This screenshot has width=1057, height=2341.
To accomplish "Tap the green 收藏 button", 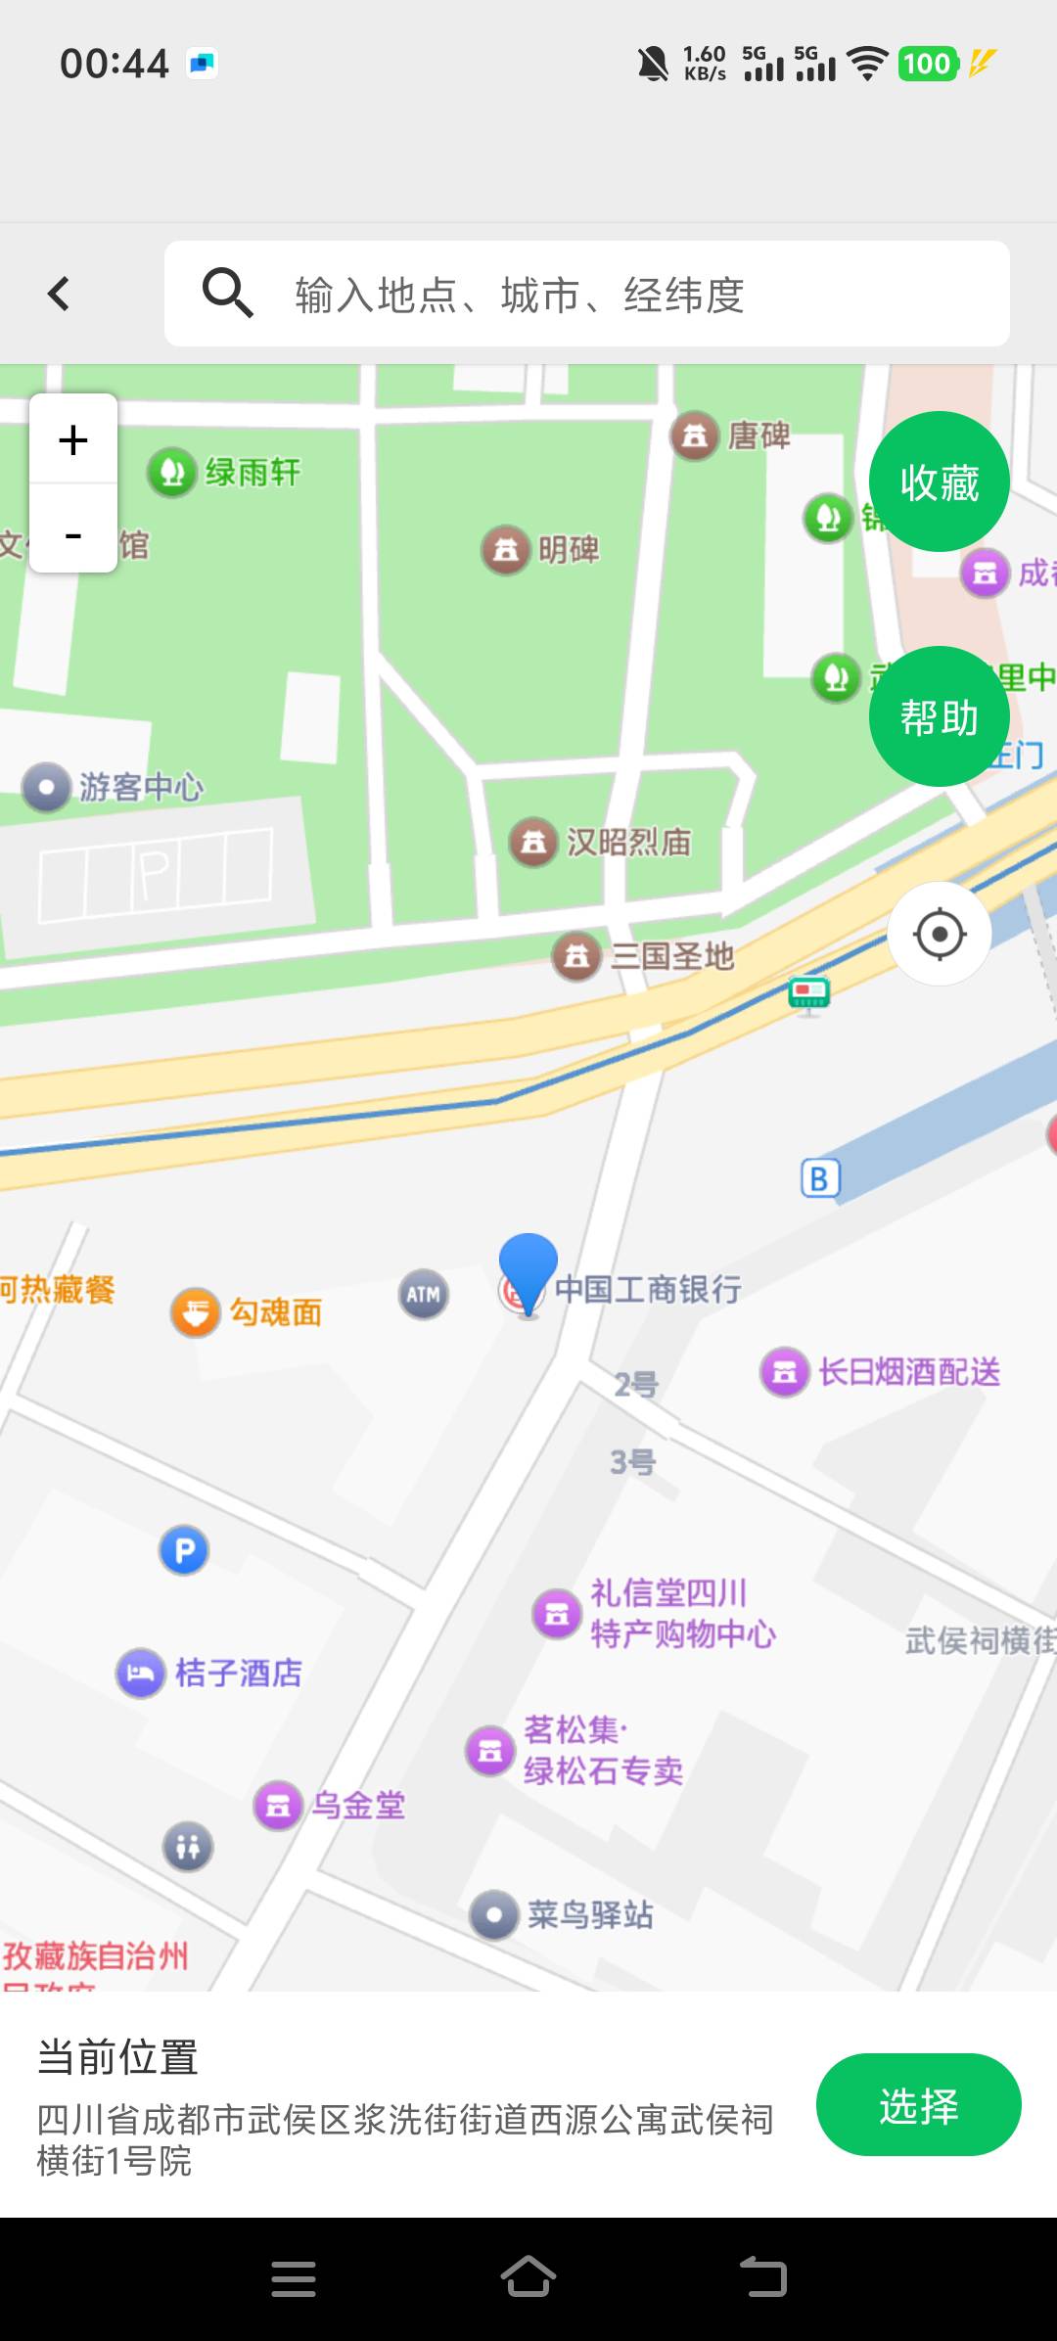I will click(x=939, y=482).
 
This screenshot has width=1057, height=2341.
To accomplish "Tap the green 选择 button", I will click(x=918, y=2105).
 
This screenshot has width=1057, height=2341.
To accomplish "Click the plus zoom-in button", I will click(x=73, y=439).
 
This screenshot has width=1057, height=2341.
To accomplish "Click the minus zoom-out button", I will click(x=73, y=534).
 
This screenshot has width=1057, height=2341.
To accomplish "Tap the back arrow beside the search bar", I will click(x=59, y=294).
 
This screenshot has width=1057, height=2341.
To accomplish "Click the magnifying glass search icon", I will click(x=227, y=293).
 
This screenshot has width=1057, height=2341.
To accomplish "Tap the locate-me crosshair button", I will click(x=939, y=934).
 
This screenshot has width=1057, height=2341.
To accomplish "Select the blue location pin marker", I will click(x=528, y=1267).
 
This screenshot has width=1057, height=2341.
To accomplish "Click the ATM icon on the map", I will click(x=424, y=1294).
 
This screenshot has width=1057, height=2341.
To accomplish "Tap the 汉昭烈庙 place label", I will click(x=628, y=842).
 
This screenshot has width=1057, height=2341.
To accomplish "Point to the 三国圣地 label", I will click(x=671, y=955).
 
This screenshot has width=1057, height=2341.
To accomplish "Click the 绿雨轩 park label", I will click(x=252, y=472).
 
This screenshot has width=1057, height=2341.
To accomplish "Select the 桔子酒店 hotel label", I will click(x=238, y=1673).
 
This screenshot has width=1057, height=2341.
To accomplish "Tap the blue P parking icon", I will click(x=184, y=1550).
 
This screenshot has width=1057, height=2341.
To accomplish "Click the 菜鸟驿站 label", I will click(x=589, y=1914).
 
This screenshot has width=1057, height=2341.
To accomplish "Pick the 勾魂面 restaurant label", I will click(x=275, y=1311).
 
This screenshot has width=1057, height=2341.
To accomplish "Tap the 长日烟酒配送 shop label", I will click(x=908, y=1371).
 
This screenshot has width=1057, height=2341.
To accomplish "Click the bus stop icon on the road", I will click(x=808, y=993).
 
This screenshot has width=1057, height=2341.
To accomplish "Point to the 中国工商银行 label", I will click(x=648, y=1289).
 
